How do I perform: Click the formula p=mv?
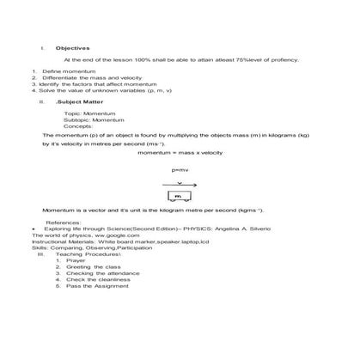coord(180,170)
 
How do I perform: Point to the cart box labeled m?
coord(180,197)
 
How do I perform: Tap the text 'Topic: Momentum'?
coord(85,113)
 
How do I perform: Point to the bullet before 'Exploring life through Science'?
coord(33,229)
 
